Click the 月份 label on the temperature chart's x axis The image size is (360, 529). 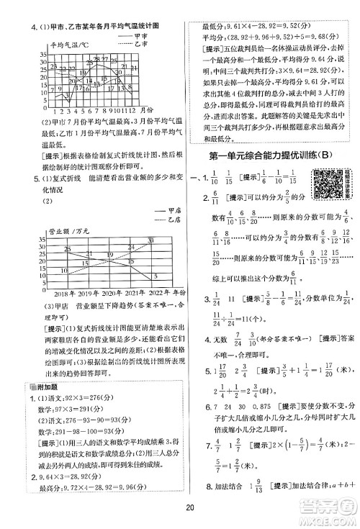(145, 109)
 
